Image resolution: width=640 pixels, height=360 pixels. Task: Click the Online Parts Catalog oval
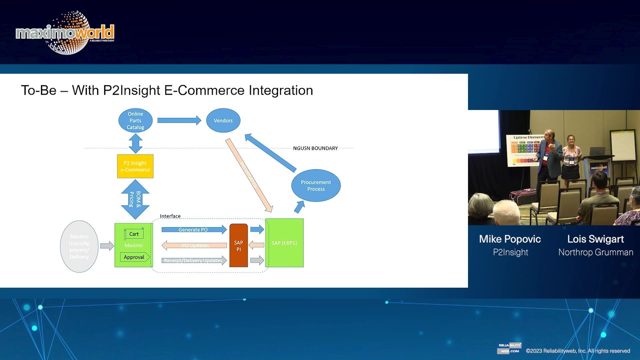135,120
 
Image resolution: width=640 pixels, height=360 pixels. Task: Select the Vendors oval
223,120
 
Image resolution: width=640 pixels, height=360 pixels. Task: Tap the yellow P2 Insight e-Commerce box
135,166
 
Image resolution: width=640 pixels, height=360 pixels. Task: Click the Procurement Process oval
316,185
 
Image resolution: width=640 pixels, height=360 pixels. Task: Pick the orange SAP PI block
238,246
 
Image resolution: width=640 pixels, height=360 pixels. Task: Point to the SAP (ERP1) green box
284,243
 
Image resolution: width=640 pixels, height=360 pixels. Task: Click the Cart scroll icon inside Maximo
134,234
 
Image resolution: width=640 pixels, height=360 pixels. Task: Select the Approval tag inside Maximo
134,257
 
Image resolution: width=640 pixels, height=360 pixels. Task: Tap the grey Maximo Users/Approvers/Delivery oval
79,246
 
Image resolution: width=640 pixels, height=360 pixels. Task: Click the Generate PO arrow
194,229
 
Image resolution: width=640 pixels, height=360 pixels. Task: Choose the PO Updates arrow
195,246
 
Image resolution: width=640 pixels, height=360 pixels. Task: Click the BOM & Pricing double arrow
135,199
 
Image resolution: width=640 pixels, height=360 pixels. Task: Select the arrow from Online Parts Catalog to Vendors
179,120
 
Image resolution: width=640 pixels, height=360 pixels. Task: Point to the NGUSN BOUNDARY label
315,148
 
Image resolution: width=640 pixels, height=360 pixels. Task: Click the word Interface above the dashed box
170,216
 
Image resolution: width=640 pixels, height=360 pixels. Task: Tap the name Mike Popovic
510,239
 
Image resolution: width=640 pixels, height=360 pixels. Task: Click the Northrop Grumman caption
596,252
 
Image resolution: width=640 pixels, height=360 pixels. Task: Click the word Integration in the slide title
281,90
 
